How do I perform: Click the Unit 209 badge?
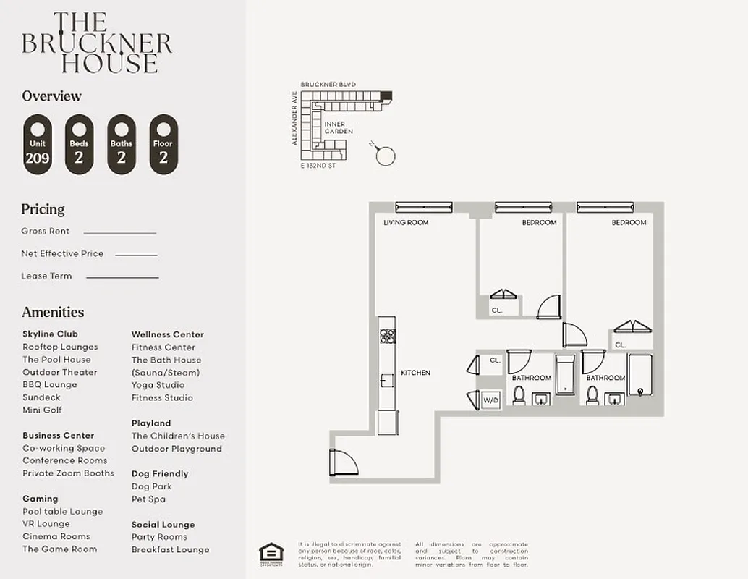click(38, 145)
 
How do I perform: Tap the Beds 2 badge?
click(80, 145)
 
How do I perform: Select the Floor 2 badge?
click(163, 145)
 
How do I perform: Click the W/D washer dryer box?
click(490, 400)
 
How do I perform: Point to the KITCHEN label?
click(415, 373)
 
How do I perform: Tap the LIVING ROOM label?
click(406, 222)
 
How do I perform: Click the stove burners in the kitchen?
click(388, 336)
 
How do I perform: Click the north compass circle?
click(386, 156)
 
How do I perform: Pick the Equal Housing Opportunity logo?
click(271, 551)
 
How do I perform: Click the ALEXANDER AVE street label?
click(294, 117)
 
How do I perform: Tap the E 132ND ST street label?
click(319, 166)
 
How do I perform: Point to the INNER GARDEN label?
click(339, 127)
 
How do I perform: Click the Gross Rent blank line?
click(120, 233)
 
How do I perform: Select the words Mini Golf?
click(42, 410)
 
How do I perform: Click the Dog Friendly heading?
click(160, 473)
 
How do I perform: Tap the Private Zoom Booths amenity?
click(68, 473)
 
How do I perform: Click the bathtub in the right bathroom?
click(640, 376)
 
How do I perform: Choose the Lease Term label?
click(46, 276)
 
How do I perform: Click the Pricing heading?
click(43, 209)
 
